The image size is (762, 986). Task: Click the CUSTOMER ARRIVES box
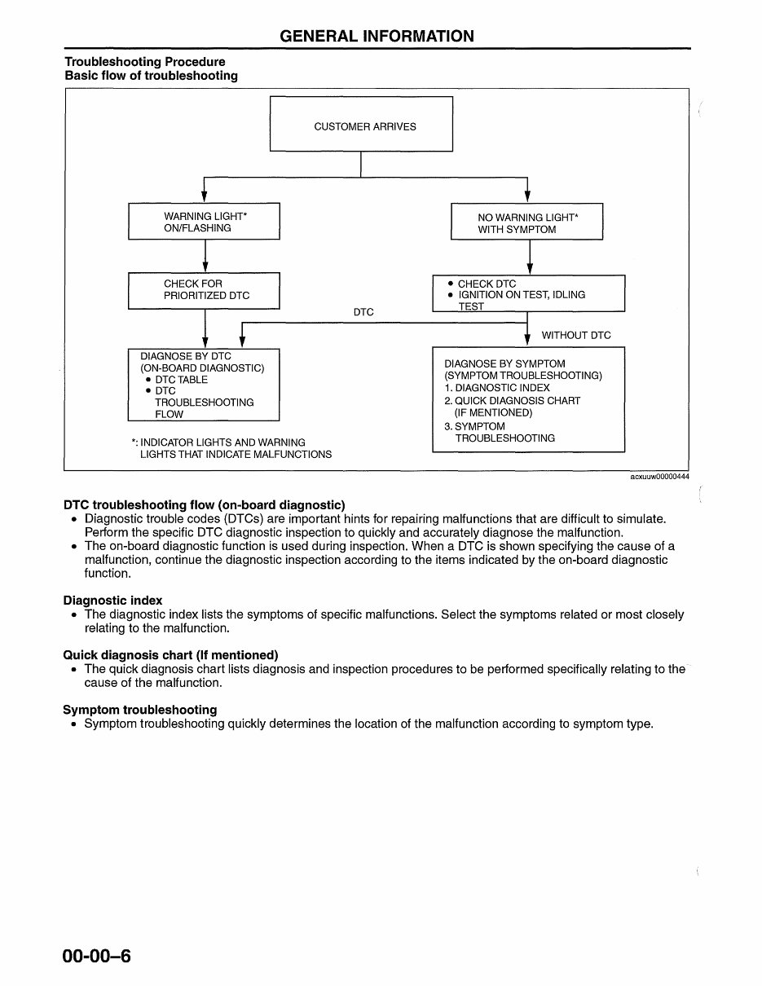pos(361,124)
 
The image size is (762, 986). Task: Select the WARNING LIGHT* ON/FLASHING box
pos(204,222)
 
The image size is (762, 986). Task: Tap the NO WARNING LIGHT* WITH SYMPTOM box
pos(526,222)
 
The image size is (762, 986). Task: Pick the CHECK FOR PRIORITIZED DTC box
pos(204,290)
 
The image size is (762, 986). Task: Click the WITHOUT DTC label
pos(575,335)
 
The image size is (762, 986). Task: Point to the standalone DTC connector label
pos(363,312)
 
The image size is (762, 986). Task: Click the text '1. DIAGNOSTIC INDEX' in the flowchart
pos(497,388)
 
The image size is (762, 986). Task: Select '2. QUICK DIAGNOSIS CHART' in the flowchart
pos(512,401)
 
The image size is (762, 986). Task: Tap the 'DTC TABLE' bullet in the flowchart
pos(181,380)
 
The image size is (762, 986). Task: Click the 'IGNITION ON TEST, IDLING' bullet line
pos(522,295)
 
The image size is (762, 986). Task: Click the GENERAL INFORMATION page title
pos(377,36)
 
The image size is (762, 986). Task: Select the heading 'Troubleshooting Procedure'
pos(145,62)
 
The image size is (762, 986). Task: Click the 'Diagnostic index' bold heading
pos(112,601)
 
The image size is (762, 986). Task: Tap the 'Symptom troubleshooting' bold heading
pos(140,710)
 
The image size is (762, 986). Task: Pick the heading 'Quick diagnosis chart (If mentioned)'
pos(170,655)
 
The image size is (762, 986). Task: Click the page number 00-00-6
pos(96,956)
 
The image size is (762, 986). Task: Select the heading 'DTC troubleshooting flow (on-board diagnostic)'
pos(204,505)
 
